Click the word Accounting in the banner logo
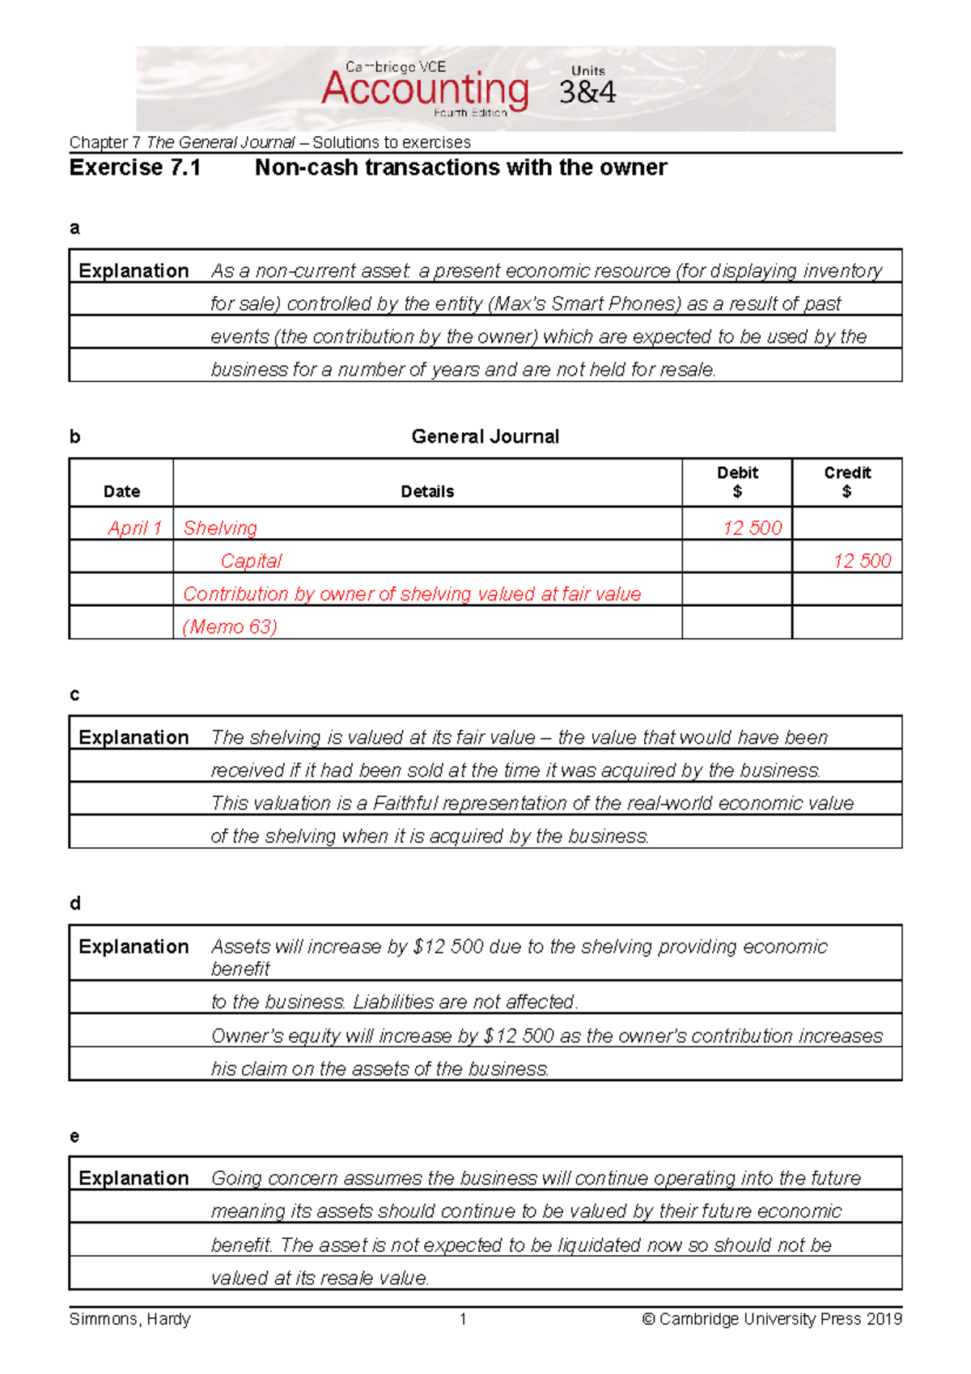[425, 89]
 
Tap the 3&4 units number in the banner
[587, 92]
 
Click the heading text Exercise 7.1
[135, 168]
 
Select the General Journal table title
[485, 437]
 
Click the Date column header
[121, 491]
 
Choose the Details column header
[427, 491]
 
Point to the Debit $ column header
[737, 482]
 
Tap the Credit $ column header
[847, 482]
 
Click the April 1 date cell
[134, 528]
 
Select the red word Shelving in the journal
[220, 528]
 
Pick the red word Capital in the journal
[251, 562]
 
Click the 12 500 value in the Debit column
[752, 528]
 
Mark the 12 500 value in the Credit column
[862, 562]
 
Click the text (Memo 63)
[231, 627]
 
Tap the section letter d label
[75, 904]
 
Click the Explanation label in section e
[134, 1178]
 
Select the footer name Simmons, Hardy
[130, 1319]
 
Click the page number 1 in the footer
[463, 1319]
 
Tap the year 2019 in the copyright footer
[884, 1319]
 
